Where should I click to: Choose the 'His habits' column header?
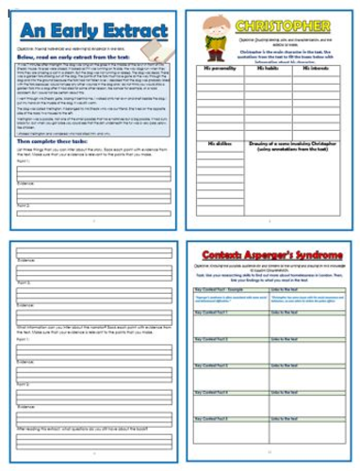click(270, 67)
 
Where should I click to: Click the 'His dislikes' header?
click(215, 142)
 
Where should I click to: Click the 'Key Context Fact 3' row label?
click(212, 364)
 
